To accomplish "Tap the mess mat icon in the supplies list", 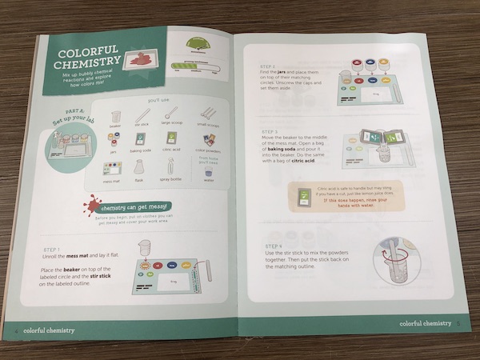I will coord(112,167).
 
